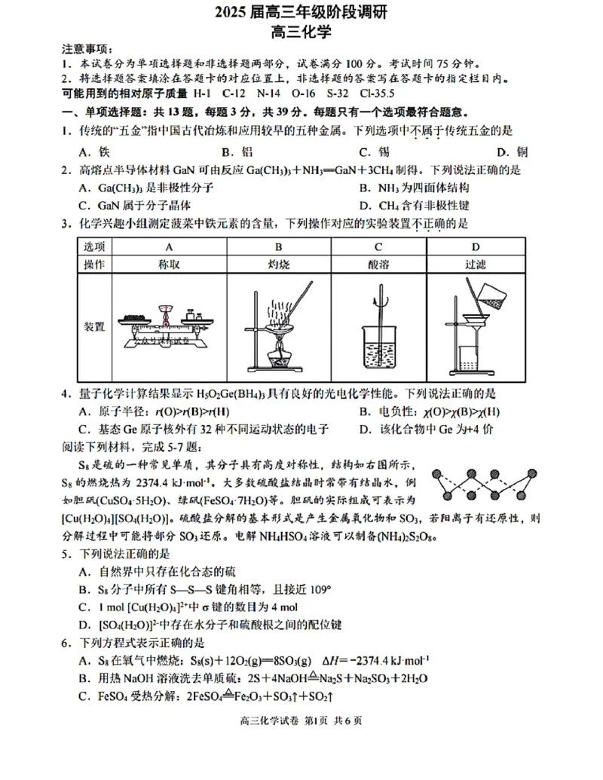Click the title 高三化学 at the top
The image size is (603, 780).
(x=302, y=32)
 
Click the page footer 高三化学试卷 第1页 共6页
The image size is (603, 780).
(x=301, y=721)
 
